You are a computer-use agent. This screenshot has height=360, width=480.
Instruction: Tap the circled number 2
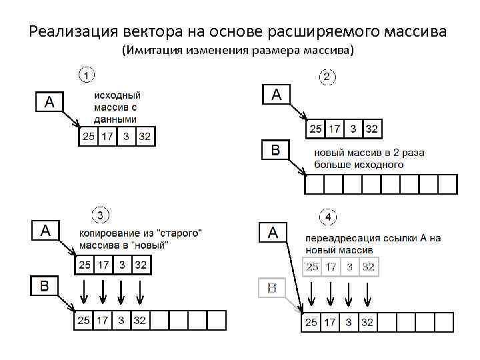327,78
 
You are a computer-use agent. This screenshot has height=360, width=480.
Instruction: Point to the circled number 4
329,217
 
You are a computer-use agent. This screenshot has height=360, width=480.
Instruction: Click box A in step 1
49,102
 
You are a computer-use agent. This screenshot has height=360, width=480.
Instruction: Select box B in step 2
275,151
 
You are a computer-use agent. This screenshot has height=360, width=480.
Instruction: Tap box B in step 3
45,287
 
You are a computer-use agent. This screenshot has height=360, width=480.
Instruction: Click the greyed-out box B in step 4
272,289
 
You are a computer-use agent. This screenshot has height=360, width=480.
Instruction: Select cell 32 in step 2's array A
371,129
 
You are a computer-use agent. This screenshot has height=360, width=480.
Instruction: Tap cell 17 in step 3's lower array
102,321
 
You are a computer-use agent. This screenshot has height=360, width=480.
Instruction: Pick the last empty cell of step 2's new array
447,183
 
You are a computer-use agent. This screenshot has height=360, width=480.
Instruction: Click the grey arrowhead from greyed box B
299,311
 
